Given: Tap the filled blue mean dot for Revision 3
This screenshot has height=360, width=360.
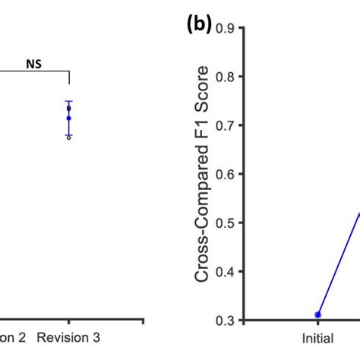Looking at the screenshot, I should point(68,118).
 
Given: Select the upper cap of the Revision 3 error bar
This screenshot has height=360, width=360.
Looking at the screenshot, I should point(68,101).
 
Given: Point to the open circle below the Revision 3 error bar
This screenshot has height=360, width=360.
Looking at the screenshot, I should point(68,137).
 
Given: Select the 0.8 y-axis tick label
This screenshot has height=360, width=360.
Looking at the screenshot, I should point(223,77).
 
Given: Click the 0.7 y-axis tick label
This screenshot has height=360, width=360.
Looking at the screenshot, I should point(223,125).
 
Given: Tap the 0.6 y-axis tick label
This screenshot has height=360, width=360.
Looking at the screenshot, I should point(223,174).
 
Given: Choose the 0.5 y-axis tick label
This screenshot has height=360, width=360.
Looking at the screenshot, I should point(223,223).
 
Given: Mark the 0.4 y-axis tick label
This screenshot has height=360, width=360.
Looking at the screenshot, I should point(223,271).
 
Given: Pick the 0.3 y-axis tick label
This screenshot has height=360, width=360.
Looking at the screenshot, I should point(223,320).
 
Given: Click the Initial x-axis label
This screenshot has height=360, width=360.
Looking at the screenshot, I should point(318,336).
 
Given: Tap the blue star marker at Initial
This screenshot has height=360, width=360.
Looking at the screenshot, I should point(318,314).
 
